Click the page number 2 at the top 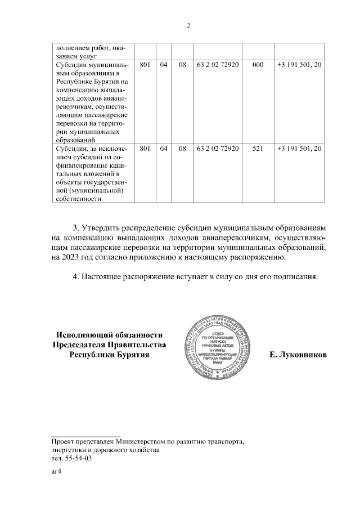[x=188, y=26]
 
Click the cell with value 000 [x=258, y=65]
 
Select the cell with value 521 [x=258, y=149]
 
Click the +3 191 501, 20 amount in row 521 [x=300, y=149]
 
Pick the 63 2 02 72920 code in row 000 [x=218, y=65]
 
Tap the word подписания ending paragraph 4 [x=296, y=277]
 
